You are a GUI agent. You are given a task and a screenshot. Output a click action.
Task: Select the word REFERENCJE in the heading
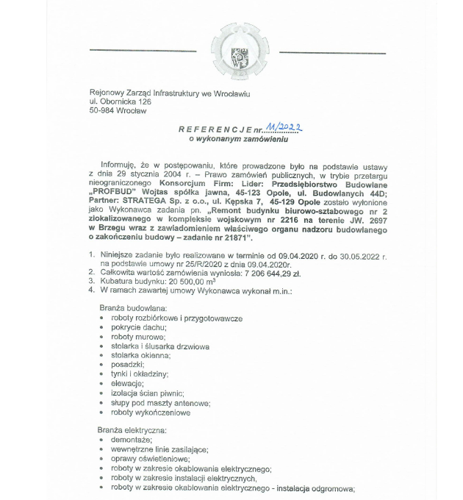pyautogui.click(x=214, y=129)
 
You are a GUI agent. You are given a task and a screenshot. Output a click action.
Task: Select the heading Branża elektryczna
pyautogui.click(x=132, y=429)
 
